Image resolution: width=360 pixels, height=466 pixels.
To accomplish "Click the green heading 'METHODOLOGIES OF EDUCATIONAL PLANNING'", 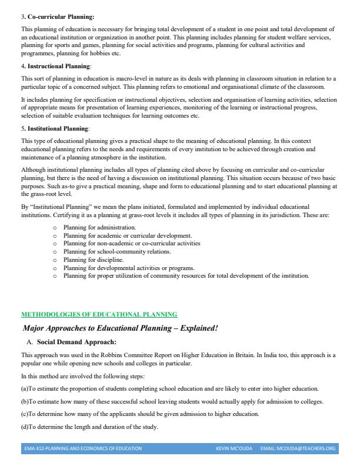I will tap(99, 315).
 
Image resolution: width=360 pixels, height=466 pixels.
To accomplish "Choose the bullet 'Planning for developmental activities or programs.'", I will tap(128, 267).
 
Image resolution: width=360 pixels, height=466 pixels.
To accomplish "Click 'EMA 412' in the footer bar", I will tap(35, 448).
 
